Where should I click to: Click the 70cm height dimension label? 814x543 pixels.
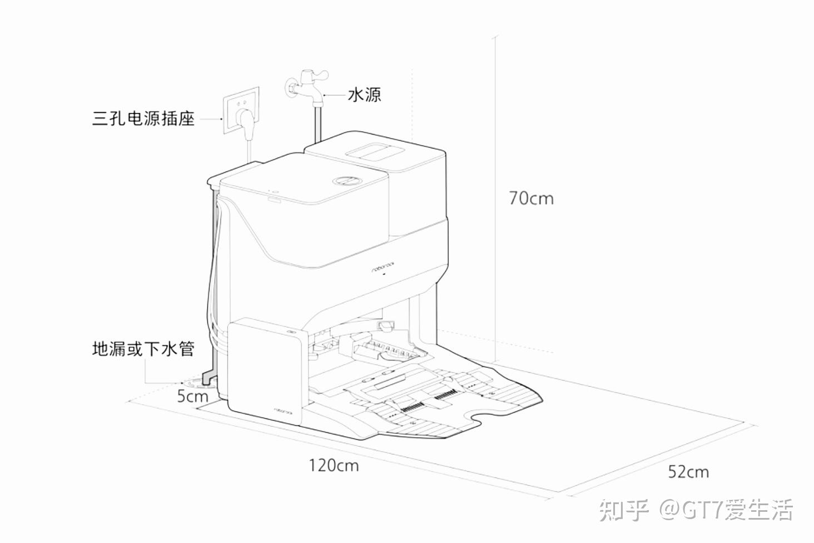(531, 199)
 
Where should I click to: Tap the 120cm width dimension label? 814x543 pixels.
(334, 465)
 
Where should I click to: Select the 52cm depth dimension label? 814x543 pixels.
(688, 472)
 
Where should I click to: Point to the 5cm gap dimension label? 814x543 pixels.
(192, 396)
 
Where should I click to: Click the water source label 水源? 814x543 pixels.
(364, 95)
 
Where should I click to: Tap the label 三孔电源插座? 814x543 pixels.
(143, 119)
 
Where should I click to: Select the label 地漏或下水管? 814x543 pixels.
(143, 349)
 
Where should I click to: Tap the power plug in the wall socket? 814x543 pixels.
(245, 118)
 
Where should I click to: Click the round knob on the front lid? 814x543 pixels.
(345, 181)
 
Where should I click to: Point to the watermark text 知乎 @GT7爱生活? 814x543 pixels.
(696, 509)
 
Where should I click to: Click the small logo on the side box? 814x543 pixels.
(284, 411)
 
